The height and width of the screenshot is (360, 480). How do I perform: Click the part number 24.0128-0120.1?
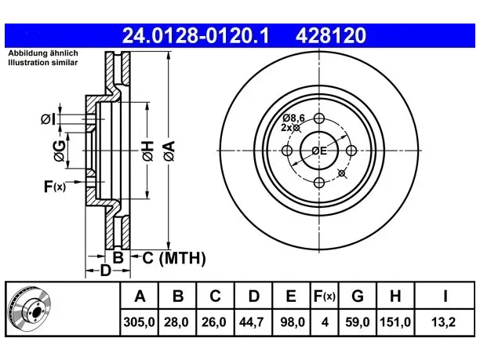(x=195, y=35)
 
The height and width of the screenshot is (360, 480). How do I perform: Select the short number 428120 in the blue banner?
(x=331, y=35)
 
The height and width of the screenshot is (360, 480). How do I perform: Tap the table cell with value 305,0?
(x=140, y=322)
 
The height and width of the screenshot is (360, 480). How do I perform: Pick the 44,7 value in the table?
(x=251, y=322)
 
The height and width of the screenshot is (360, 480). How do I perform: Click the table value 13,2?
(x=444, y=322)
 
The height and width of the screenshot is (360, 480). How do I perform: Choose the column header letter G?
(x=357, y=296)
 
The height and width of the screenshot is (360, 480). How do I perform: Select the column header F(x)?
(x=325, y=296)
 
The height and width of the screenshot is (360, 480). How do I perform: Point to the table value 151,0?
(x=395, y=322)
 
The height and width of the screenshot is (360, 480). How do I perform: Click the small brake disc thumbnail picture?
(x=30, y=309)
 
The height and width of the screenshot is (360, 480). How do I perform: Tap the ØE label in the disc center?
(x=319, y=151)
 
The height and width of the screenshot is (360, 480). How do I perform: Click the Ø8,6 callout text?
(x=294, y=118)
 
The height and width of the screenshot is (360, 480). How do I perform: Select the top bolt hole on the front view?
(x=319, y=118)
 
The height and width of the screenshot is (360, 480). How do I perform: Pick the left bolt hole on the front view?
(x=287, y=151)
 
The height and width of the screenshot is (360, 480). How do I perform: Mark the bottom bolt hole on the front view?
(x=319, y=183)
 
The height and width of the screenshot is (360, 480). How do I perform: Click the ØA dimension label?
(x=169, y=151)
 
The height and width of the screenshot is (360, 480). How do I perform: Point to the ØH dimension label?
(x=147, y=151)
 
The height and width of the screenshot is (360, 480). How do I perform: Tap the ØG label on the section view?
(x=59, y=151)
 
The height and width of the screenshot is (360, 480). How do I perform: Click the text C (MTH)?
(x=174, y=258)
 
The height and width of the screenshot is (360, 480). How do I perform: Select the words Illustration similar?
(x=43, y=63)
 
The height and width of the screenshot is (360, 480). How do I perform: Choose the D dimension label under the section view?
(x=105, y=271)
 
